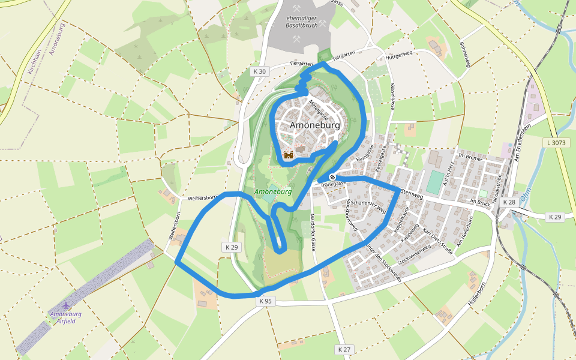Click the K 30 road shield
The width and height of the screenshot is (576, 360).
pos(259,71)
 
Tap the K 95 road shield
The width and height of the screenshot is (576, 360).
pos(265,301)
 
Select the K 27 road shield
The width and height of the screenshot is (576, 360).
pos(344,349)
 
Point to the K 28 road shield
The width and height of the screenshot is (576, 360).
pos(509,202)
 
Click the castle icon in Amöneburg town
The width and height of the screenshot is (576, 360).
pos(289,155)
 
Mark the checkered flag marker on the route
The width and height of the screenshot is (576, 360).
pos(332,177)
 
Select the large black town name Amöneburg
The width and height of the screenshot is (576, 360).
pos(314,125)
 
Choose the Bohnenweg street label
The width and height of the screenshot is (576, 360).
pos(465,53)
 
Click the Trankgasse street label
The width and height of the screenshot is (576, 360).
pos(334,184)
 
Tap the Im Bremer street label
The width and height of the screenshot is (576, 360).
pos(470,156)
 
